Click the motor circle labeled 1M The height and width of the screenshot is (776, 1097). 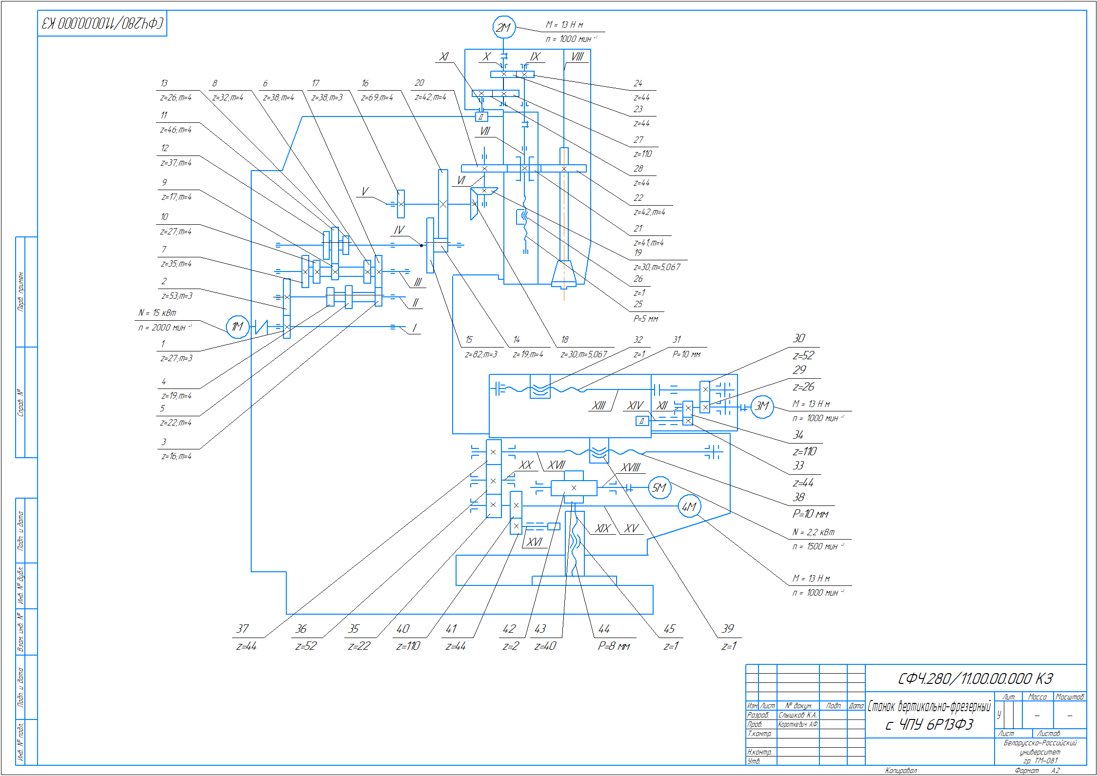pos(238,327)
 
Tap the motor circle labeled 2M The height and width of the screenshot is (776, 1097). pos(503,28)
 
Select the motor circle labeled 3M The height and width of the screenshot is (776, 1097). pos(762,407)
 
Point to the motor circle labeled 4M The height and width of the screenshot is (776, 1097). pos(689,507)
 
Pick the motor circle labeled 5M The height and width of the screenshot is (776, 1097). pos(659,488)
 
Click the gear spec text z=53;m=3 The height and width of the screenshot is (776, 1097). pos(177,296)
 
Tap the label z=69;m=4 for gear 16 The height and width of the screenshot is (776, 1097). pos(377,97)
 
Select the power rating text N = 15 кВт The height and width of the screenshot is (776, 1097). pos(157,313)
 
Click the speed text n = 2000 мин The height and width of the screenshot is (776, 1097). pos(165,328)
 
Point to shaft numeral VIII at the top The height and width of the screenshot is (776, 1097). pos(577,57)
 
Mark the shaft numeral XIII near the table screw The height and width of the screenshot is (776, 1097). pos(598,406)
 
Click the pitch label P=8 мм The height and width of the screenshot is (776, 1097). pos(614,646)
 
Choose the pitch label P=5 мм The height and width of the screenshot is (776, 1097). pos(646,319)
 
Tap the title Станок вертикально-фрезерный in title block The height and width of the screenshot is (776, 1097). pos(929,706)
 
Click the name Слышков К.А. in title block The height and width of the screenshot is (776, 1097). pos(798,715)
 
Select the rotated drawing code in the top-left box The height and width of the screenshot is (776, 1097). pos(102,23)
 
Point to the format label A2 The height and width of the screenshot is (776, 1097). pos(1055,771)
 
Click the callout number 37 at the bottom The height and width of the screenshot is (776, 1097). pos(242,629)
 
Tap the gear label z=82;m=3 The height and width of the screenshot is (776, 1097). pos(481,354)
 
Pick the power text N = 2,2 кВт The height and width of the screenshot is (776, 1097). pos(814,532)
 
